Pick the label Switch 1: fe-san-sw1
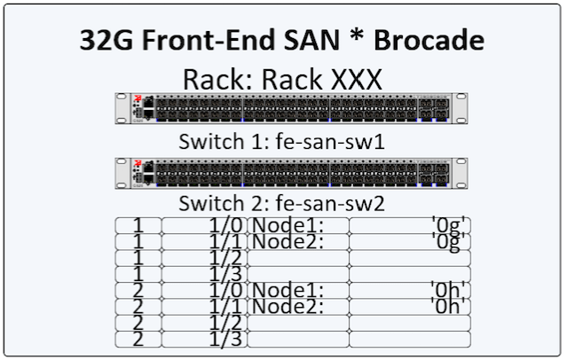coord(281,142)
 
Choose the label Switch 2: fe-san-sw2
coord(281,203)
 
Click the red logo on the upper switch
coord(138,99)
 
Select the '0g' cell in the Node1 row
coord(409,225)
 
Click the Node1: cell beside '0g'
coord(297,225)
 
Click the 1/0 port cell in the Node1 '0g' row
coord(204,225)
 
